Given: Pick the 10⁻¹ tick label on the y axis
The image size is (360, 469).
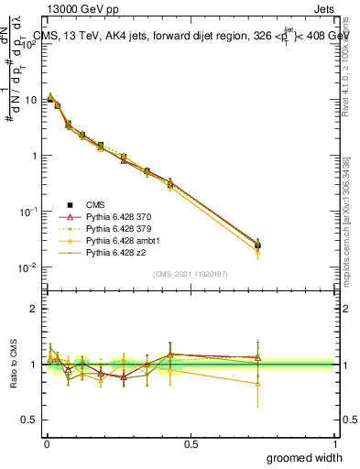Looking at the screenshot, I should [x=28, y=211].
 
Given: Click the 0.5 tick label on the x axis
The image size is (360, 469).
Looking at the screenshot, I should [x=191, y=443].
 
